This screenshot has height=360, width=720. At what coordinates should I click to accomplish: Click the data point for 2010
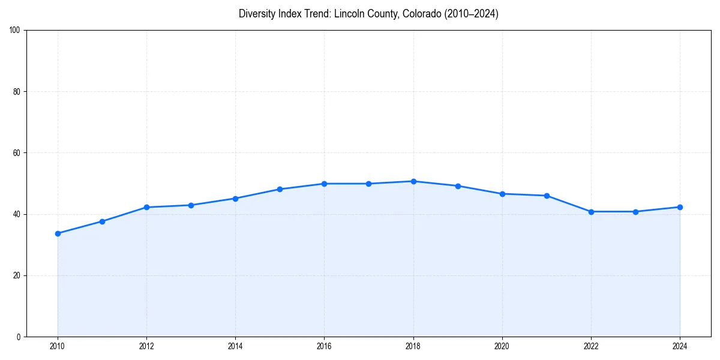[58, 233]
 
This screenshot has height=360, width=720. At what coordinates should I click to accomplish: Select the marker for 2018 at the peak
[413, 181]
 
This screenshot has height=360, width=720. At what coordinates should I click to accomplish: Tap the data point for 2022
[591, 212]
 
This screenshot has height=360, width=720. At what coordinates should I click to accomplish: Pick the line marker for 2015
[280, 189]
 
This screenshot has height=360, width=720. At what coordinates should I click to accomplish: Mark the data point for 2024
[680, 207]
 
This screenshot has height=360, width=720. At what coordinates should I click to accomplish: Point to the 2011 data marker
[102, 221]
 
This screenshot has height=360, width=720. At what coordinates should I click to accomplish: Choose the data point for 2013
[191, 205]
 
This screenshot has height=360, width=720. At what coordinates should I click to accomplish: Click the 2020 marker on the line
[502, 194]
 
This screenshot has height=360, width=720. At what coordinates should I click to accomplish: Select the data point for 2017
[368, 184]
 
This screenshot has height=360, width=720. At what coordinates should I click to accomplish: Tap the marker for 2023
[635, 212]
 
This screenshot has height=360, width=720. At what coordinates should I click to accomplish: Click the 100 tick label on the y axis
[16, 31]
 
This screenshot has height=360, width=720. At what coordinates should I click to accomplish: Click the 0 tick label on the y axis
[19, 337]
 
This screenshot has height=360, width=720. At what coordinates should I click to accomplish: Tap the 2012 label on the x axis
[146, 346]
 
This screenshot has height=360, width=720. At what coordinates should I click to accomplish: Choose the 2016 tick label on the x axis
[324, 346]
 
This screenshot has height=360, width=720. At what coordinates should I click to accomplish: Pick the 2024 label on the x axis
[680, 346]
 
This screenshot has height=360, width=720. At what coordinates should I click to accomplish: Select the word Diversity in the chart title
[257, 14]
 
